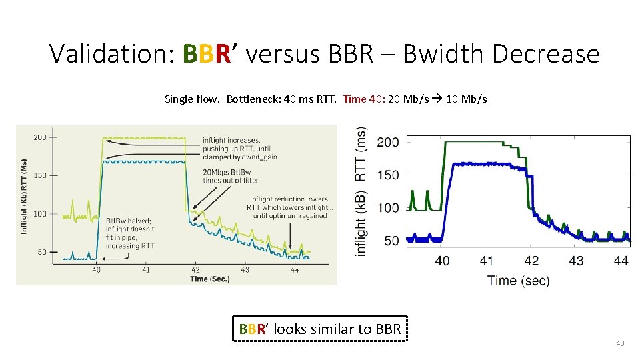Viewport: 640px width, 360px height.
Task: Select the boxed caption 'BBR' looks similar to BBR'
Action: tap(320, 329)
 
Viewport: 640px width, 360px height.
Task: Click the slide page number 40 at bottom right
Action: tap(619, 343)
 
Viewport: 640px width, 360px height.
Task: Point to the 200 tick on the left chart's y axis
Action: tap(40, 137)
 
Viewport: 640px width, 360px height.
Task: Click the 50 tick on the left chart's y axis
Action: tap(42, 252)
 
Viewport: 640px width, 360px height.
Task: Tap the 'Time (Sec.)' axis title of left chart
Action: tap(209, 279)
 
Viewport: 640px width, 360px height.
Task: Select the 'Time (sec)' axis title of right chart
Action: tap(518, 280)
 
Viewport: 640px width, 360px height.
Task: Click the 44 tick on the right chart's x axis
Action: tap(620, 261)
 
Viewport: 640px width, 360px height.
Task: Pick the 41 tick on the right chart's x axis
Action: tap(487, 261)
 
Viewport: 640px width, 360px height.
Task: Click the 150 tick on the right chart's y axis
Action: tap(388, 175)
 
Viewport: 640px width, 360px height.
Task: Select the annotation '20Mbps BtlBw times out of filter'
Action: tap(230, 176)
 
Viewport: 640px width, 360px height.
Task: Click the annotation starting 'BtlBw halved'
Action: tap(130, 233)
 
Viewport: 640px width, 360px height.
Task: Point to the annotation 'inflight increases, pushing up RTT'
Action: tap(239, 148)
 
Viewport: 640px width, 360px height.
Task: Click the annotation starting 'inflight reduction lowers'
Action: tap(289, 207)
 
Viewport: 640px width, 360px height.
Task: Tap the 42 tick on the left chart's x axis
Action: tap(195, 270)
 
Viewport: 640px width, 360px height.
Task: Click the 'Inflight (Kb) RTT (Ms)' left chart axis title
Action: tap(24, 197)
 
